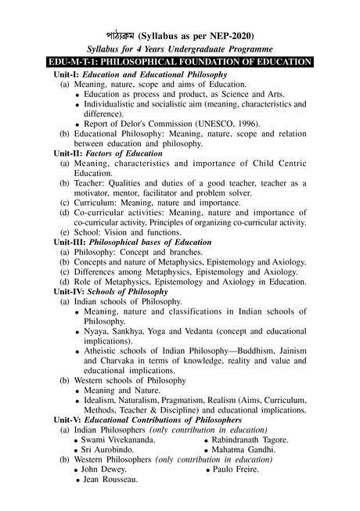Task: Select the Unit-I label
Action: pos(69,73)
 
